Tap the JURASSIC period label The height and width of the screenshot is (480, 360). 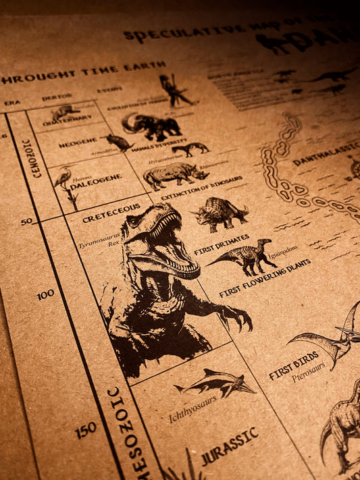(x=230, y=445)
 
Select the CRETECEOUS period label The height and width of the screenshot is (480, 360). (x=111, y=213)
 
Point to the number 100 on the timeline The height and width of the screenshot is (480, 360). (x=45, y=294)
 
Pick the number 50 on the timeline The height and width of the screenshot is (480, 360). (x=27, y=221)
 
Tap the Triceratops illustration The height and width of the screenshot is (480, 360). (x=220, y=214)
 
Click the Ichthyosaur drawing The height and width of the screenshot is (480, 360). (x=215, y=383)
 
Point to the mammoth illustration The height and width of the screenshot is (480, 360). (x=151, y=126)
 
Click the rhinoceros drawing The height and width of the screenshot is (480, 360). (x=175, y=175)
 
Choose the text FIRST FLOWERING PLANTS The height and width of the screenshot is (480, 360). (x=265, y=277)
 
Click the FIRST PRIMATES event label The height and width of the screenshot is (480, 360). (x=222, y=244)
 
